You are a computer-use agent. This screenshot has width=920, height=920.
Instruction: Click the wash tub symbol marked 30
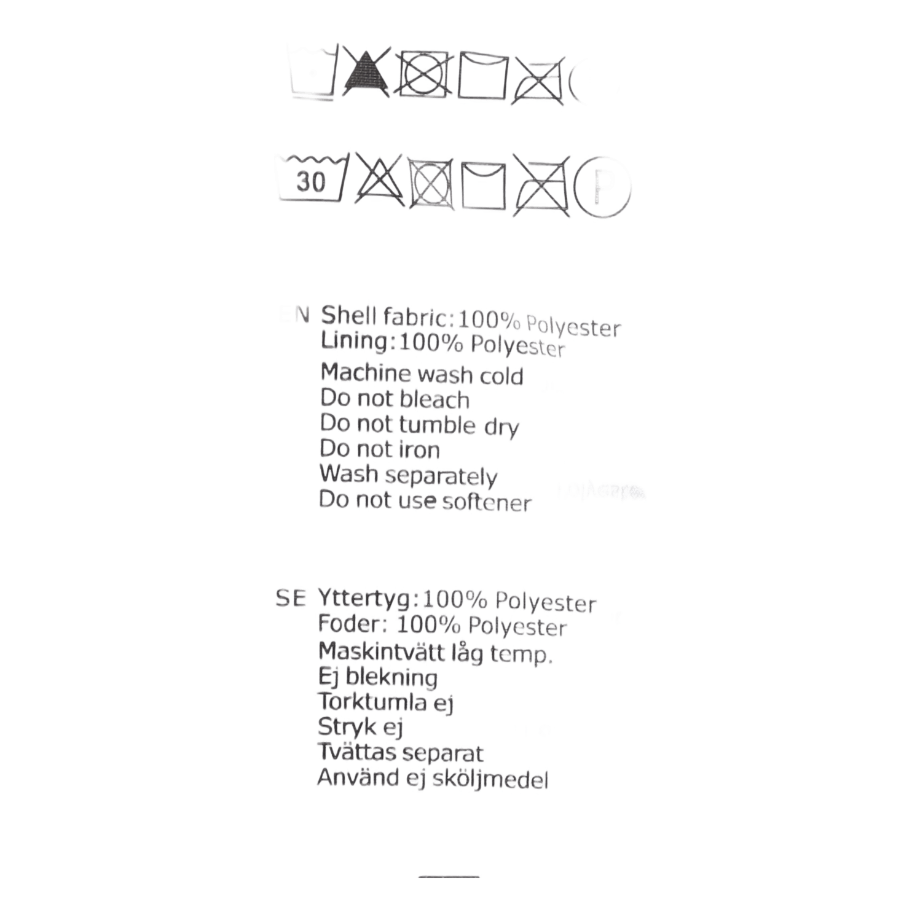pos(312,181)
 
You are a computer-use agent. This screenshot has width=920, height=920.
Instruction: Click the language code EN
pos(296,314)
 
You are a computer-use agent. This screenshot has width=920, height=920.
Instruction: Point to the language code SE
pos(291,598)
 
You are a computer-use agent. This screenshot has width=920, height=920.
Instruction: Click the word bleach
pos(435,399)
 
